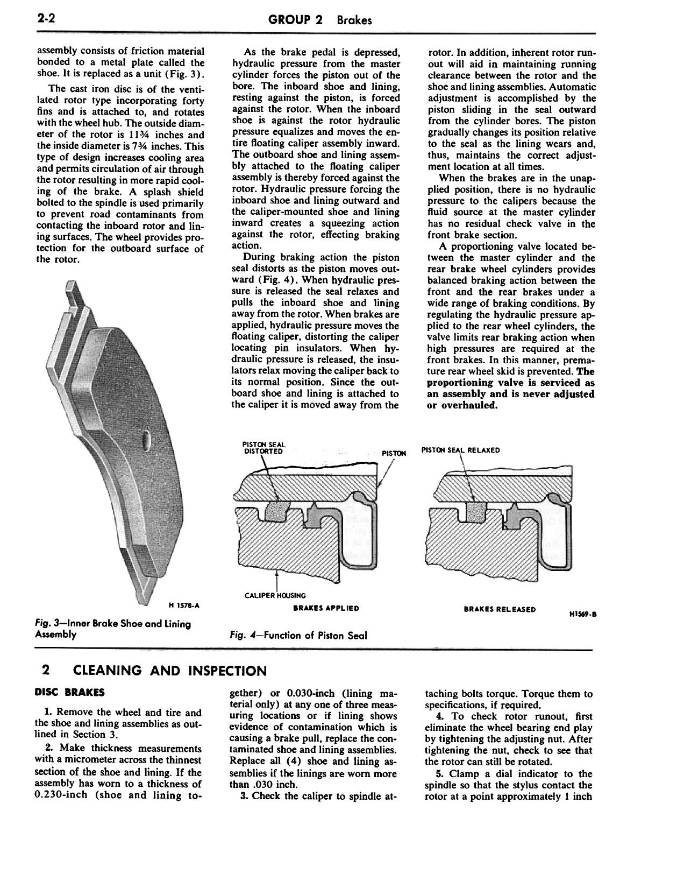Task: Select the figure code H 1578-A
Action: click(x=184, y=605)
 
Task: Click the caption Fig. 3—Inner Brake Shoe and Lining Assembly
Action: click(x=112, y=629)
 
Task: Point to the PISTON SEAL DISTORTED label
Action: click(x=263, y=448)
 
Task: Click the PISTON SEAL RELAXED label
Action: click(x=461, y=450)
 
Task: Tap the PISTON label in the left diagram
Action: click(x=394, y=453)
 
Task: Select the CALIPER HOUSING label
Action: click(x=275, y=595)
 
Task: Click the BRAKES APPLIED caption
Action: click(x=326, y=608)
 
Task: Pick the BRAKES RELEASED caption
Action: click(x=500, y=609)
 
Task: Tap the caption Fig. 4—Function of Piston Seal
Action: click(x=298, y=635)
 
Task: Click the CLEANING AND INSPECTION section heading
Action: click(x=169, y=671)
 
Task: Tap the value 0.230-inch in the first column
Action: click(x=61, y=795)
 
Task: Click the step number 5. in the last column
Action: click(x=439, y=773)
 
